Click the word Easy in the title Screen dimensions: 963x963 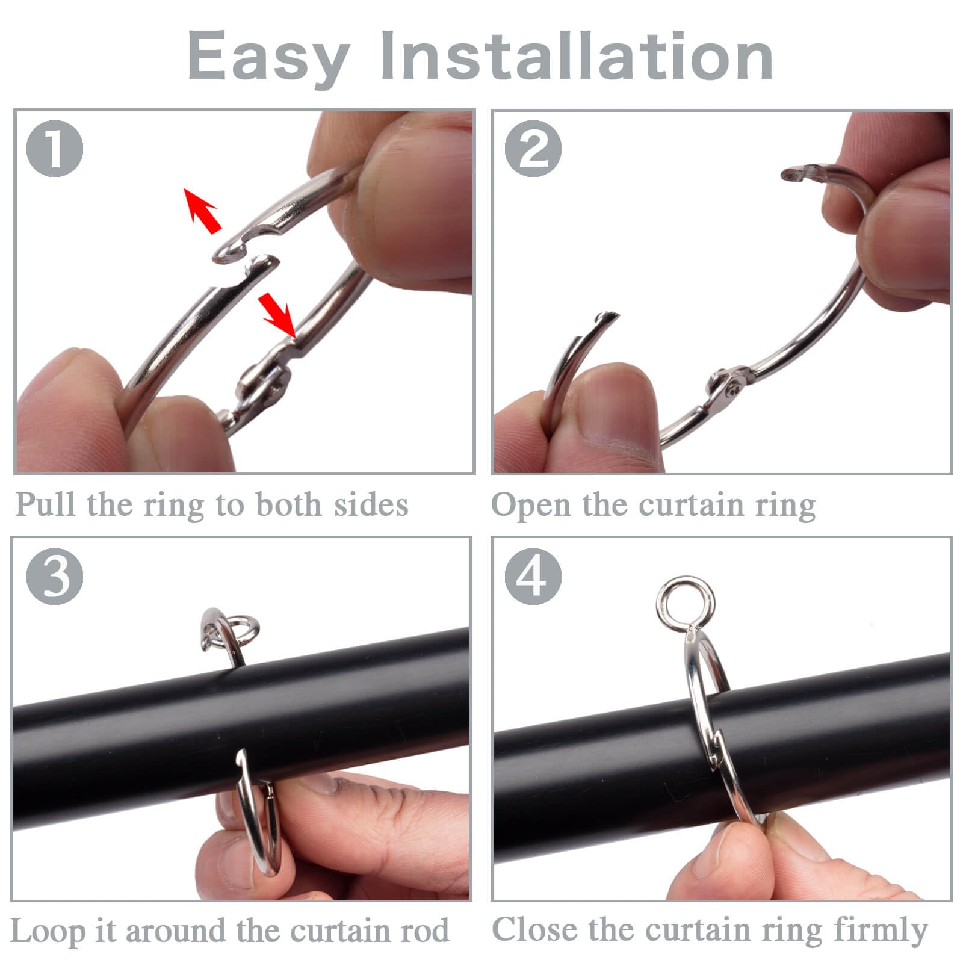tap(268, 57)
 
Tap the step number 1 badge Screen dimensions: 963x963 tap(55, 149)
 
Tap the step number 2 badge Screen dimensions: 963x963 tap(533, 149)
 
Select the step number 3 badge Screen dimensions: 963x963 tap(55, 576)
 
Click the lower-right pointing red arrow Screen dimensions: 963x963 tap(277, 313)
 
